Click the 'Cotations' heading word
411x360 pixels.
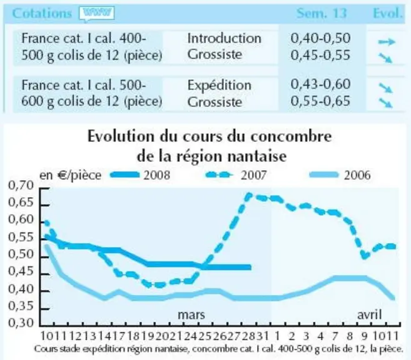point(42,13)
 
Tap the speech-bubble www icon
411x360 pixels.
point(97,14)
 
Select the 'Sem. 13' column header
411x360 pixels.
point(322,13)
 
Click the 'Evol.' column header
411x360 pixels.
point(387,13)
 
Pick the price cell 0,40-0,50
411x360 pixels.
point(320,38)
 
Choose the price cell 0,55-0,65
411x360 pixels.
point(320,101)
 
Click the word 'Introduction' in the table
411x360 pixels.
point(225,39)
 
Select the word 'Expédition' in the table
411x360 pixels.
point(219,86)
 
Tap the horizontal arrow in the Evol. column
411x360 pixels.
point(387,42)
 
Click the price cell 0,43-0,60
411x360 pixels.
point(320,84)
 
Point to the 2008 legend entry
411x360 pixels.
point(140,175)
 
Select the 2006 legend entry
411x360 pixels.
point(340,175)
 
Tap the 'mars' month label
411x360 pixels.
point(191,314)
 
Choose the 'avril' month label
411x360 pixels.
point(369,314)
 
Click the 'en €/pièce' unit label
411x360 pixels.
point(70,176)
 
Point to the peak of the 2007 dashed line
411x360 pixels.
point(249,195)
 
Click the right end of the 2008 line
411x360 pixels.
point(251,267)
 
